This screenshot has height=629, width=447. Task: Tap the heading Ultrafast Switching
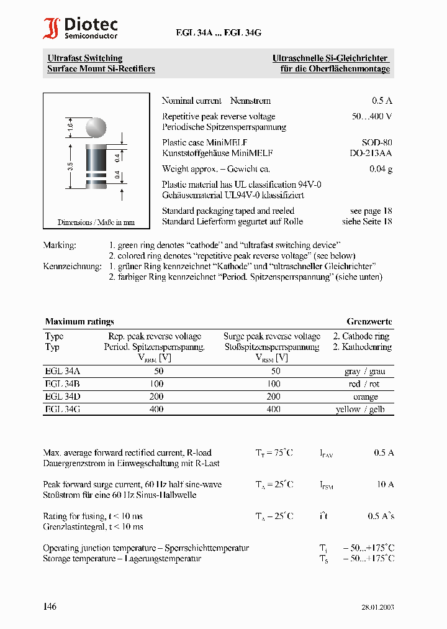click(85, 58)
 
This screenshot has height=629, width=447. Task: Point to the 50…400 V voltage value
click(371, 116)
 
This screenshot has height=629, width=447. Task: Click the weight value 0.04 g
click(381, 168)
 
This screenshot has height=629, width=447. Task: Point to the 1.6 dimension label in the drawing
click(70, 127)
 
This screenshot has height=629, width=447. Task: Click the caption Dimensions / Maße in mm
click(96, 222)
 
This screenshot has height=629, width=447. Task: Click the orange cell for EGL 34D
click(365, 397)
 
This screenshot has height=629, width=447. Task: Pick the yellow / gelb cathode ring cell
click(364, 409)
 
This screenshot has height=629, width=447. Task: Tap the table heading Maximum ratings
click(79, 321)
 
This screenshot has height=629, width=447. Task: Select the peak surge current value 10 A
click(386, 484)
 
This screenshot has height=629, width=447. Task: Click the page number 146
click(50, 606)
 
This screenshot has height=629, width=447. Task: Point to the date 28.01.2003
click(377, 607)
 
